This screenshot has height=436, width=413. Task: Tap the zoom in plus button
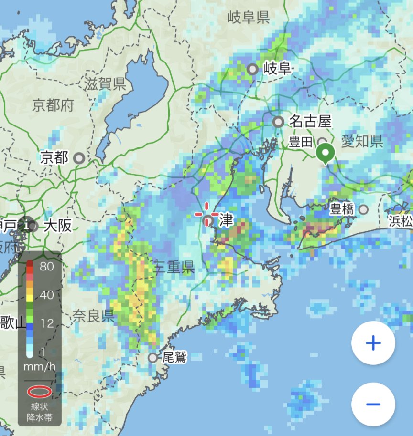tap(373, 343)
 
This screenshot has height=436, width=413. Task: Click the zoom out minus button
tap(373, 405)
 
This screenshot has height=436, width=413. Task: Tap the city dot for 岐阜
tap(252, 69)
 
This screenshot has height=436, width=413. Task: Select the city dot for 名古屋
tap(278, 122)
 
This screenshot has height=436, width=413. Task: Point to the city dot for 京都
tap(79, 157)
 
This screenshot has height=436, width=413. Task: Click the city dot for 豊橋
tap(364, 209)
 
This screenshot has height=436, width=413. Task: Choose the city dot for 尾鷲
tap(152, 357)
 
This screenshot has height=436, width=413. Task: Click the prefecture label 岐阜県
tap(249, 18)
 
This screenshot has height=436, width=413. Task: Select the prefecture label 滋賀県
tap(105, 85)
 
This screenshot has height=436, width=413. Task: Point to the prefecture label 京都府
tap(54, 105)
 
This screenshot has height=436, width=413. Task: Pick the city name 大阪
tap(57, 225)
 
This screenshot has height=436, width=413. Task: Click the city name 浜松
tap(401, 222)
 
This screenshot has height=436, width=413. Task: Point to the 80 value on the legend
tap(47, 267)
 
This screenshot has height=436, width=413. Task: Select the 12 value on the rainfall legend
tap(46, 324)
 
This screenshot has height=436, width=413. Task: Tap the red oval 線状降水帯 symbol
tap(39, 392)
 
